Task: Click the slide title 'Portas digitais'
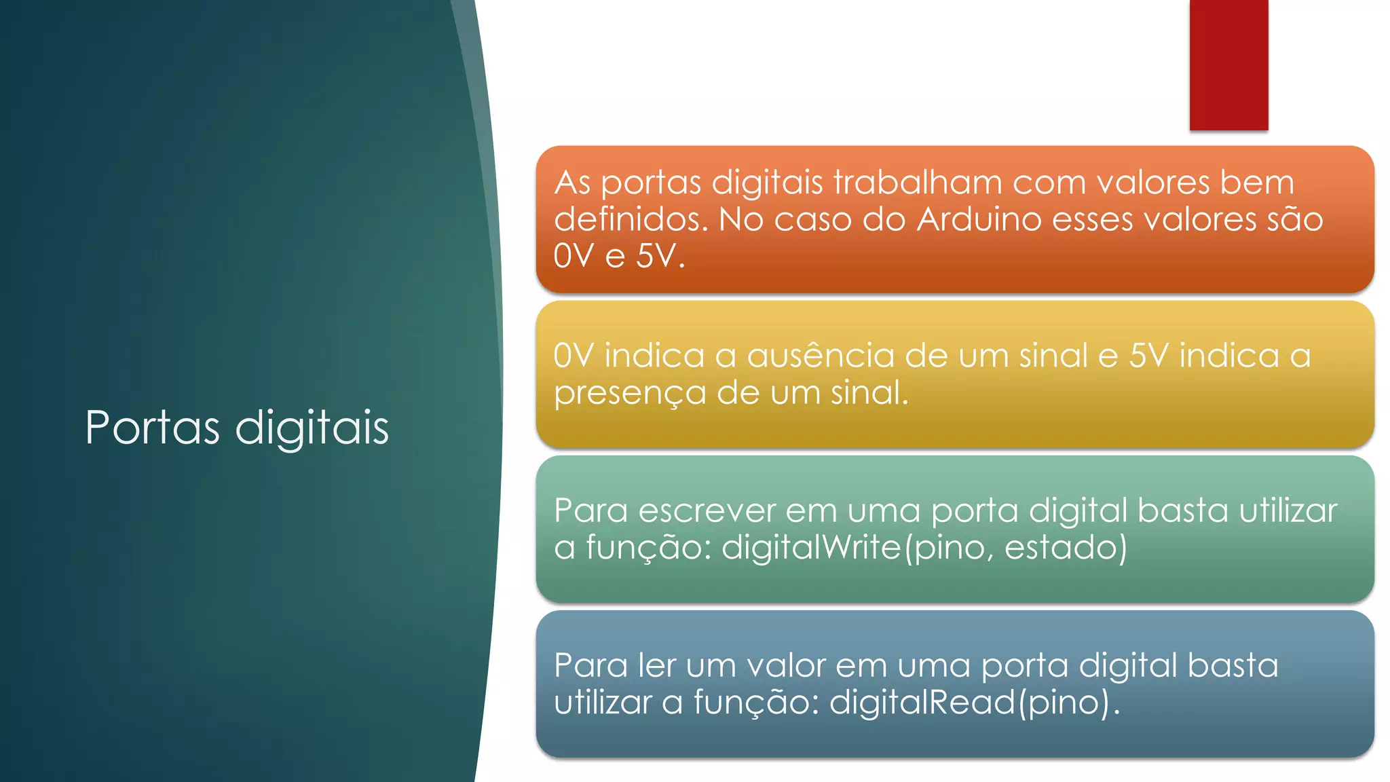pos(237,428)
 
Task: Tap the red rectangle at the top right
pos(1228,64)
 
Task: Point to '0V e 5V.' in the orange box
pos(619,257)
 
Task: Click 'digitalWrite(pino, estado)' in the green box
pos(924,548)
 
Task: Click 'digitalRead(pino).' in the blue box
pos(974,703)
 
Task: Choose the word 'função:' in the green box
pos(648,548)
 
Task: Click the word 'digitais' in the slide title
pos(312,428)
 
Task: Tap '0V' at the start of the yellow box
pos(574,356)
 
